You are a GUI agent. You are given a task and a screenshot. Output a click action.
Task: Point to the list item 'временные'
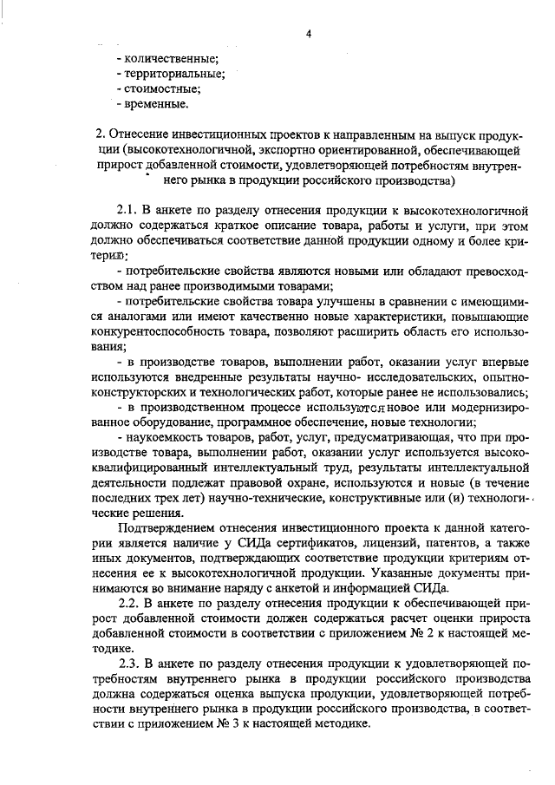point(156,104)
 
